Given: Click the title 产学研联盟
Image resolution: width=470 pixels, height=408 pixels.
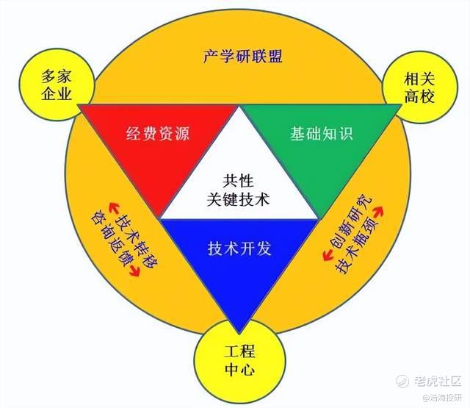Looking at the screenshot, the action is pos(242,56).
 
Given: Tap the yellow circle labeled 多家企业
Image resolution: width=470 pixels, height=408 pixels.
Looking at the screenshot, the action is pos(57,85).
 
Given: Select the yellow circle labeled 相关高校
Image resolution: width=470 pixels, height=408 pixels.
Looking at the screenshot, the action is pos(419,88).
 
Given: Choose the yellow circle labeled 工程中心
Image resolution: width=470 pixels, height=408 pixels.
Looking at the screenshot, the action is pos(239,360).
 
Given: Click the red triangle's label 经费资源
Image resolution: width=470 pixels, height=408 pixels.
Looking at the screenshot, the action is pos(158,133).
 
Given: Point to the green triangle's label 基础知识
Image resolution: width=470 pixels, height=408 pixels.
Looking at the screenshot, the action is pos(322,133).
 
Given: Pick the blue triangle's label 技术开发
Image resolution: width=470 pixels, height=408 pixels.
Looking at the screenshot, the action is pos(239,248).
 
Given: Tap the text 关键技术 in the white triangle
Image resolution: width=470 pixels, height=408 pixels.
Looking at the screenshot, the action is pos(239,199).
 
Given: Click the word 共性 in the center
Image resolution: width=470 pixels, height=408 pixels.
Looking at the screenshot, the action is pos(238,181).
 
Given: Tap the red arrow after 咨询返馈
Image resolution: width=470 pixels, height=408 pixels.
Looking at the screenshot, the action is pos(134,271).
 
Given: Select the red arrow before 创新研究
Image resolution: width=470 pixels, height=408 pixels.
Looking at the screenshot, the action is pos(328,255).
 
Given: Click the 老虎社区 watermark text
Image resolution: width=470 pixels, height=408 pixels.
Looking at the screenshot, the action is pos(438,381).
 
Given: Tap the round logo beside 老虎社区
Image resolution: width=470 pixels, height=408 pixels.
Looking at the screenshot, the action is pos(402,381).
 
